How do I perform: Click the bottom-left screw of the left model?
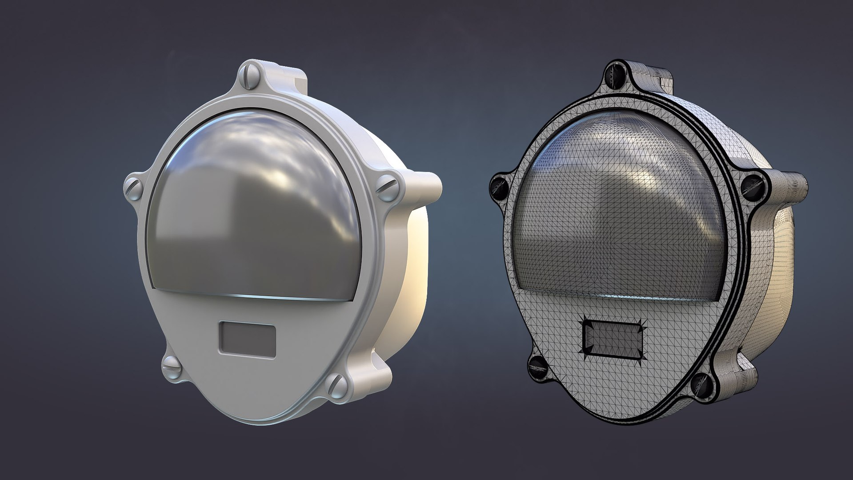click(170, 365)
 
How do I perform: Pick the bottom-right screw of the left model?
click(337, 383)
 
